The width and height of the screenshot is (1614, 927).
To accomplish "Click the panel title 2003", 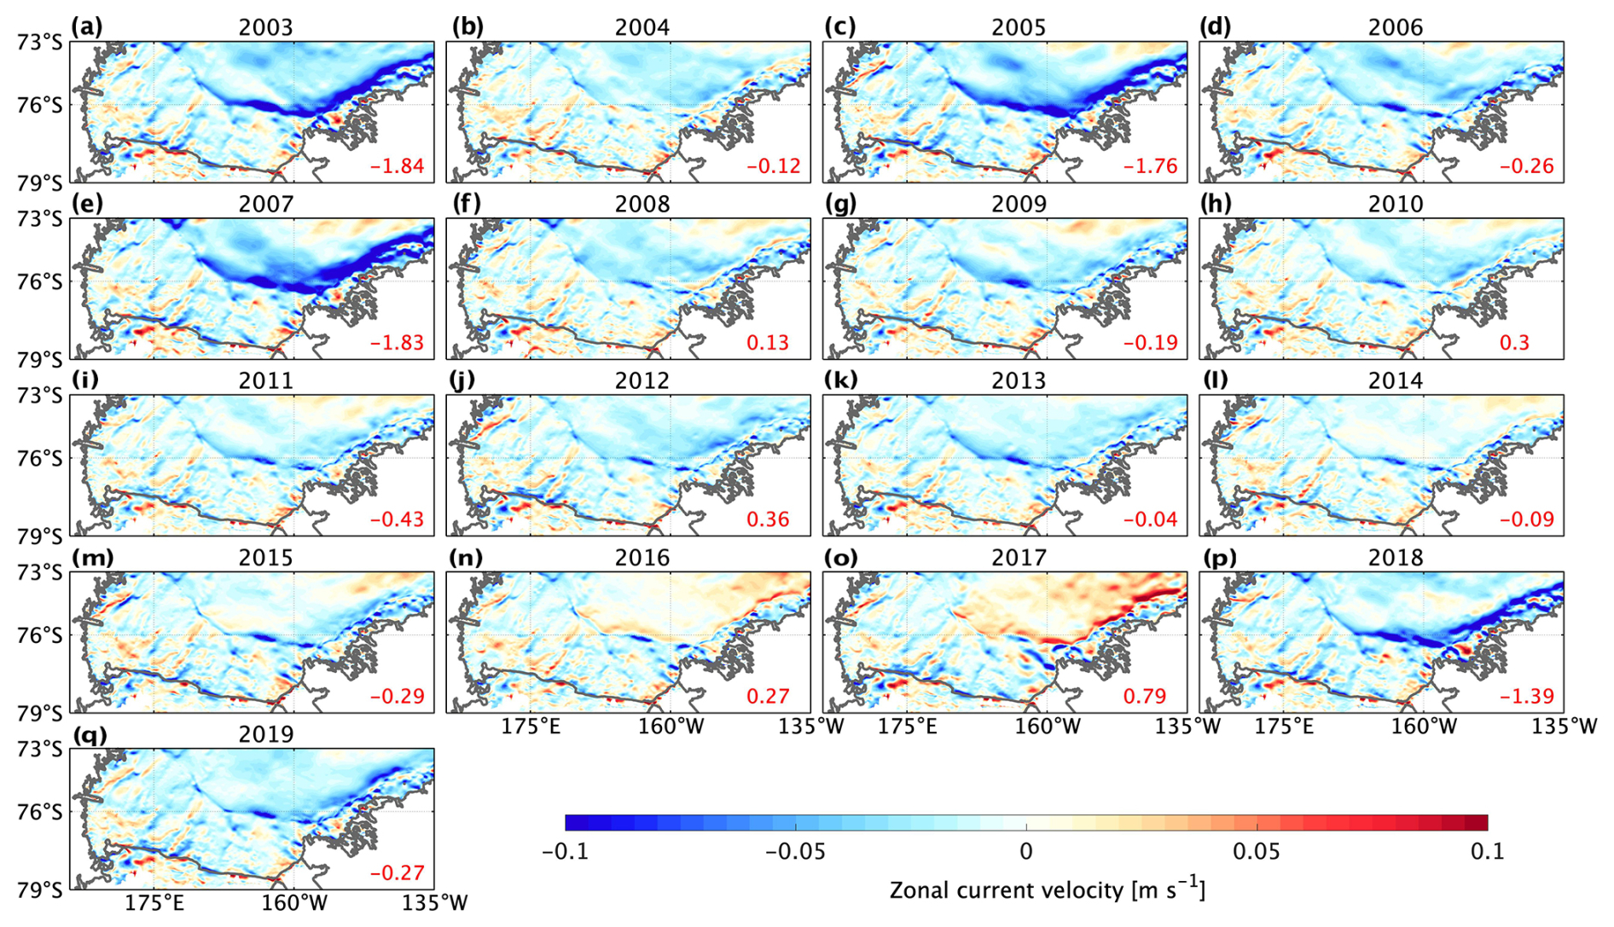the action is (x=265, y=27).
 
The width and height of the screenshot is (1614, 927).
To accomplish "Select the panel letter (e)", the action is (x=87, y=204).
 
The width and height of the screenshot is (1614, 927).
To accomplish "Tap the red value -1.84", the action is (x=397, y=165).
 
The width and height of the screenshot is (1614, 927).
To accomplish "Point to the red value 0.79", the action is (x=1144, y=696).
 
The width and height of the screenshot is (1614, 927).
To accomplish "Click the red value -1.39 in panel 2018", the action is (x=1526, y=696).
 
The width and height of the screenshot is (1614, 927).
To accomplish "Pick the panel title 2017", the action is (x=1019, y=558).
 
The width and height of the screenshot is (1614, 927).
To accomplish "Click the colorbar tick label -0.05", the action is (x=795, y=851).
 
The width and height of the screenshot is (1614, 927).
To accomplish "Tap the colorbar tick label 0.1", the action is (x=1488, y=851).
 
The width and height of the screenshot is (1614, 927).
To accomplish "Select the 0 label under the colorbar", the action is (x=1026, y=851).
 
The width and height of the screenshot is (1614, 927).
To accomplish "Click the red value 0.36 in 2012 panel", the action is (x=768, y=519).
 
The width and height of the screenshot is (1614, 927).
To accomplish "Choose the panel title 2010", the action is (x=1396, y=204).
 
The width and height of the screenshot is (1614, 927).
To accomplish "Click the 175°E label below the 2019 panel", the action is (x=154, y=902).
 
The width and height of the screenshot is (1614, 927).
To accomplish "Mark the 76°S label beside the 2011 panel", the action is (x=40, y=458).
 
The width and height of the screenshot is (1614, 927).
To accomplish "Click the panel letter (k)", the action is (x=840, y=380).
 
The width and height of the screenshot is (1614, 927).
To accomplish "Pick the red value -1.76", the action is (x=1150, y=165).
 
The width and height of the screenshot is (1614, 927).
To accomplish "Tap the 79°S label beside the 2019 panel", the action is (x=40, y=889).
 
